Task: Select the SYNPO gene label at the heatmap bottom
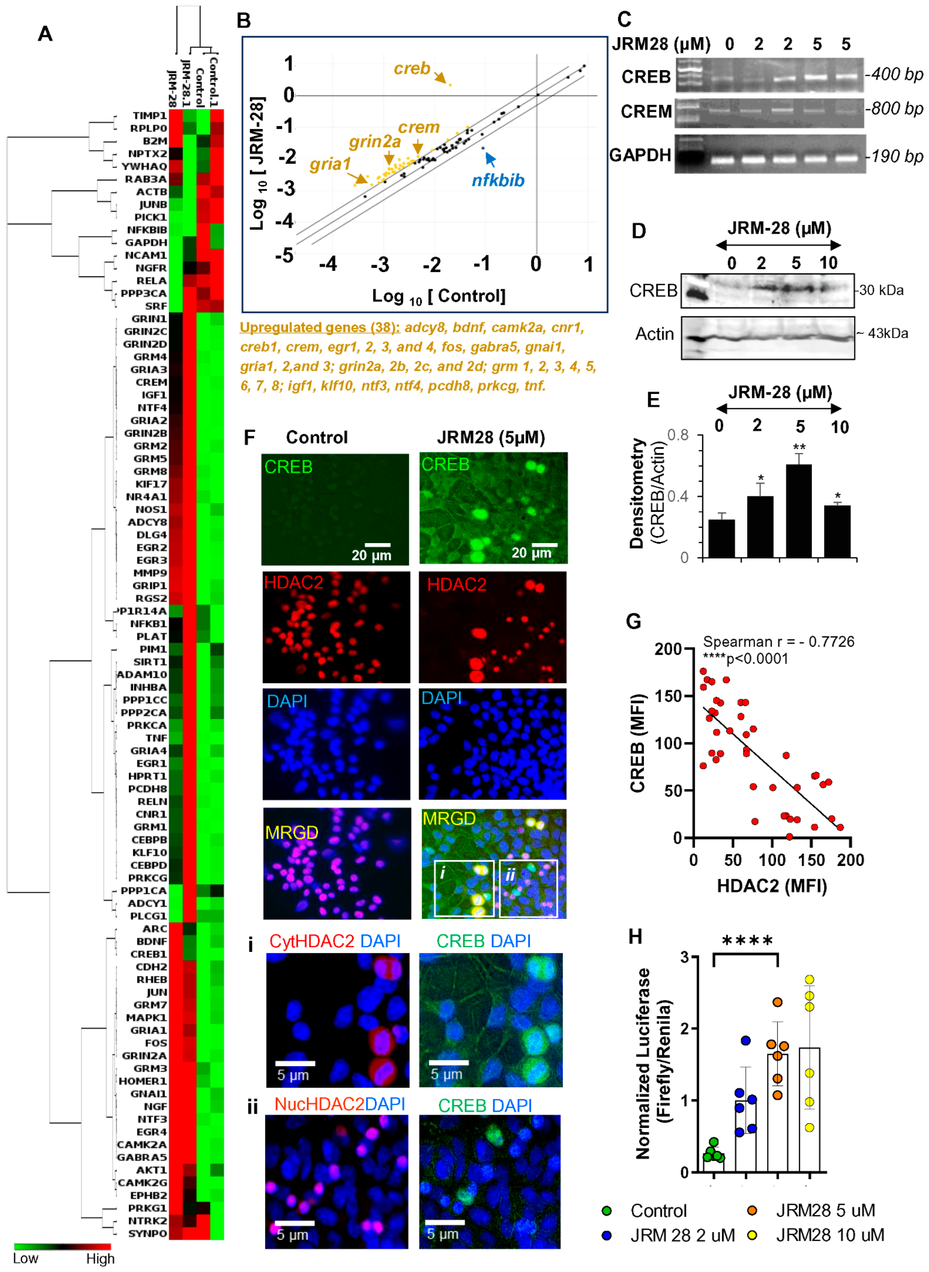click(147, 1233)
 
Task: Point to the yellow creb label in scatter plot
click(412, 69)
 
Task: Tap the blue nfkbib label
click(498, 181)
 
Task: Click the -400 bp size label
click(894, 74)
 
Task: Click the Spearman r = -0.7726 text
click(778, 642)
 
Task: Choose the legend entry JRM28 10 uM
click(829, 1235)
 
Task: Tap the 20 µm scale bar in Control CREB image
click(377, 544)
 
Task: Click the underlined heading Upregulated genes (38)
click(319, 327)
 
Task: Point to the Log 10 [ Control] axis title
click(439, 296)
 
